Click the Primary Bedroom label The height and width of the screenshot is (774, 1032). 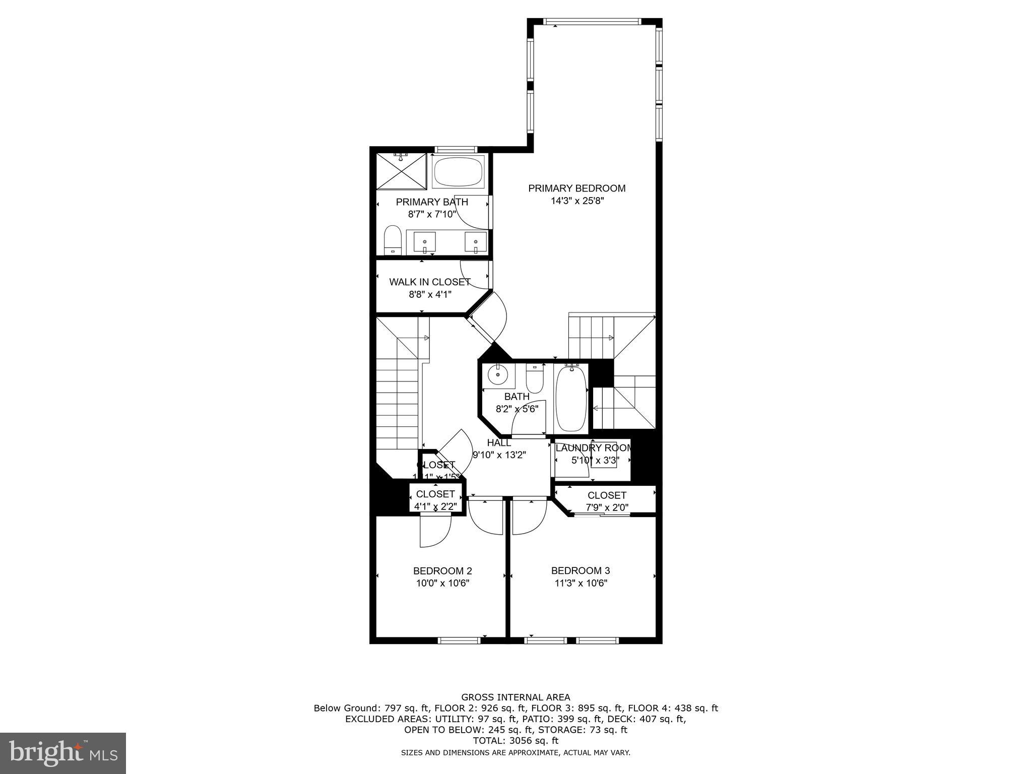click(x=576, y=188)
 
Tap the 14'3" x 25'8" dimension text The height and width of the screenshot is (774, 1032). click(x=576, y=201)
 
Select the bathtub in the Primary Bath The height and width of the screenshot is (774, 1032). click(x=458, y=172)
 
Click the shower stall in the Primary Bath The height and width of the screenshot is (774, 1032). click(x=401, y=171)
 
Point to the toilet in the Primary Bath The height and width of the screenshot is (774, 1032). click(x=392, y=240)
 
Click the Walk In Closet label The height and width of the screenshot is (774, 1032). click(x=429, y=282)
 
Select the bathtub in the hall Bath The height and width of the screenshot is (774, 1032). click(x=571, y=398)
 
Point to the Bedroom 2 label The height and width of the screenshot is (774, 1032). click(x=442, y=571)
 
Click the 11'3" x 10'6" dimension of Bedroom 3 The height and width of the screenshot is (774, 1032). click(x=580, y=584)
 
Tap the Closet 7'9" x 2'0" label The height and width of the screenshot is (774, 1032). click(x=607, y=496)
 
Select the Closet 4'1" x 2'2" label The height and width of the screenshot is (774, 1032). click(x=435, y=494)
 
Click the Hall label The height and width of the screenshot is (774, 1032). click(x=499, y=443)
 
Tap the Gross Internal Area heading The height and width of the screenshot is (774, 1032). click(x=515, y=697)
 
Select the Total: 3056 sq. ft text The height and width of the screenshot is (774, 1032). click(x=515, y=741)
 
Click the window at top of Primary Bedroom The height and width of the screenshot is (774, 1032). click(x=593, y=22)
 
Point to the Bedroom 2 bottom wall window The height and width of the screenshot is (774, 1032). click(x=459, y=640)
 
